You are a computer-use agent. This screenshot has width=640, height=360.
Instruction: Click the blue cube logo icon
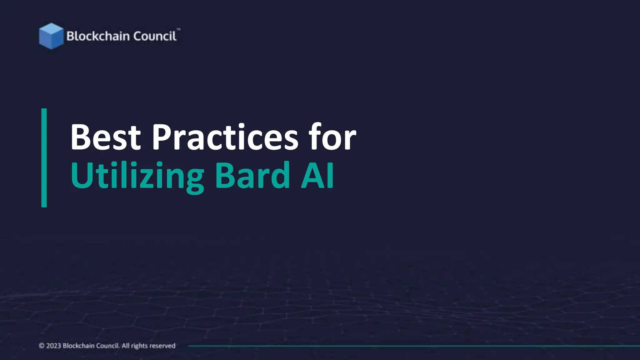tap(51, 36)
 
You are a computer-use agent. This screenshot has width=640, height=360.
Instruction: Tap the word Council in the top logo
tap(155, 36)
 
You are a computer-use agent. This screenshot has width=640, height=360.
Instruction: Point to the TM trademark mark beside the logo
tap(178, 29)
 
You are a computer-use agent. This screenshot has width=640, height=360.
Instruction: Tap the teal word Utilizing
tap(137, 176)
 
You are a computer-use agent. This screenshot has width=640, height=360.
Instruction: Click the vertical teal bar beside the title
tap(44, 158)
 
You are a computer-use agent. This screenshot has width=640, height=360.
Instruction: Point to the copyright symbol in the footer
tap(42, 346)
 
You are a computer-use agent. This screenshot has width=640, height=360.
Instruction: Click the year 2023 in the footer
tap(53, 346)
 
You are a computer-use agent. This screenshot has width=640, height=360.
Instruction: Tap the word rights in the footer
tap(139, 346)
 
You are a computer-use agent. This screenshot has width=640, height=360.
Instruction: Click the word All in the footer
tap(125, 346)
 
